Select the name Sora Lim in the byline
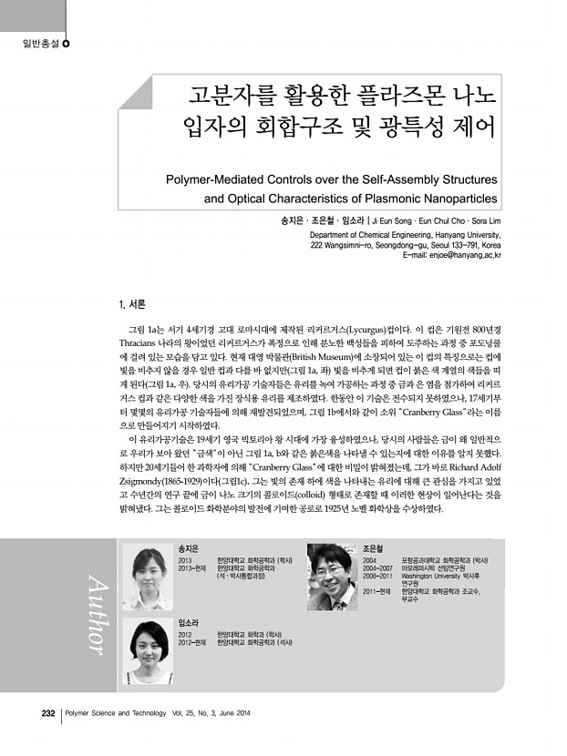pos(481,220)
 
